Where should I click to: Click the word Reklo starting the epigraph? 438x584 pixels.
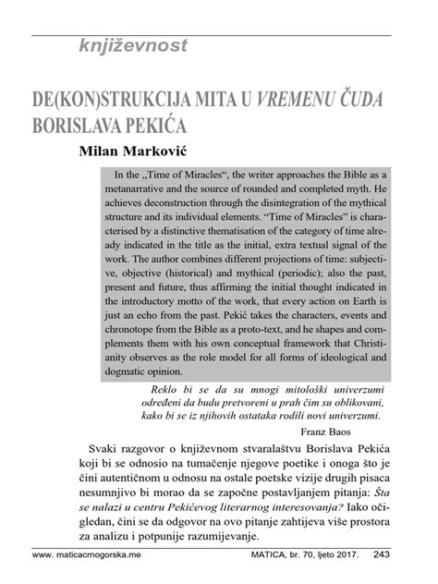[153, 389]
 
